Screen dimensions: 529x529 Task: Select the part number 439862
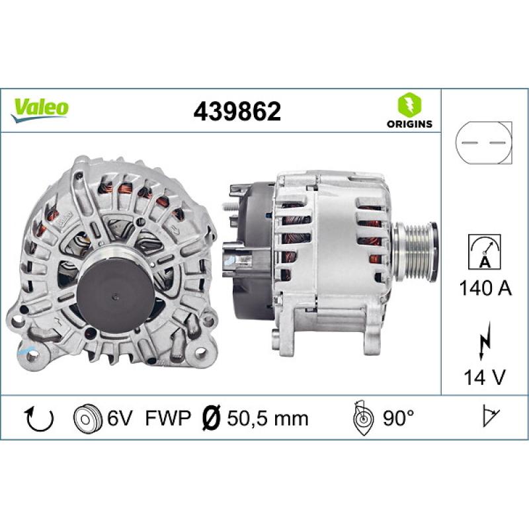[237, 111]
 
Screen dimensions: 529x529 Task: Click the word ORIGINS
[409, 123]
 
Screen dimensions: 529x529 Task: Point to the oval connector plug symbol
[484, 143]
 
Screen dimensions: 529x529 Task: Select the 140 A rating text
[484, 288]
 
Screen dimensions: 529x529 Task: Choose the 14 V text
[484, 378]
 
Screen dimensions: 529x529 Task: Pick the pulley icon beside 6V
[86, 418]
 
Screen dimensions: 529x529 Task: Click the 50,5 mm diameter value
[268, 418]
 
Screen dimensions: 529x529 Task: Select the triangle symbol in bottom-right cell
[490, 417]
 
